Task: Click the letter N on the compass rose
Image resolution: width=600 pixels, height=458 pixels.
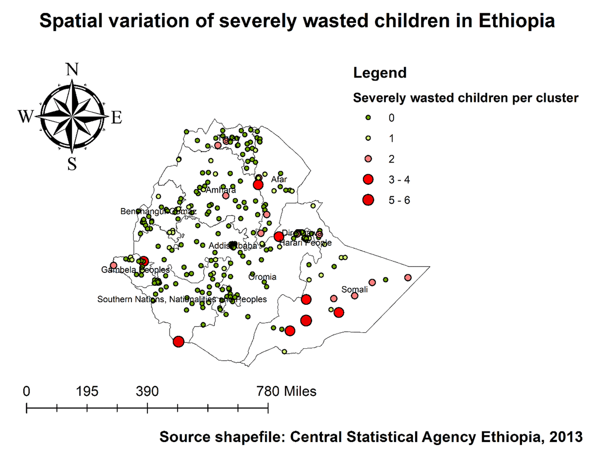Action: point(72,70)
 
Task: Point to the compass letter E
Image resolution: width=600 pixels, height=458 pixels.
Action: point(116,118)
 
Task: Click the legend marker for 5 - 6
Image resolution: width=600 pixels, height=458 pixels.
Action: point(368,200)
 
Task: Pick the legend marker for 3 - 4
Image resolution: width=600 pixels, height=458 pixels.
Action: point(368,179)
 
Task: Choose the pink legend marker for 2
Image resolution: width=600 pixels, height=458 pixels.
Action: point(368,159)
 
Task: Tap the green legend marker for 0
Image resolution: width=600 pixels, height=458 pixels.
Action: point(368,118)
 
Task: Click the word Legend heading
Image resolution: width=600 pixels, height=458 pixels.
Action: point(379,73)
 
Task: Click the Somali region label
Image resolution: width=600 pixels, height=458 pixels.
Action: point(354,289)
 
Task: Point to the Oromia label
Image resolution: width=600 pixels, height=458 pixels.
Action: point(262,277)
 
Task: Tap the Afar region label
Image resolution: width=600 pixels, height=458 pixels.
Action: point(279,179)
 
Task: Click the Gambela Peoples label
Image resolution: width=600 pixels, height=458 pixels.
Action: point(135,270)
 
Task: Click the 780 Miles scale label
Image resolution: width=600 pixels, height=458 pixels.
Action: point(286,391)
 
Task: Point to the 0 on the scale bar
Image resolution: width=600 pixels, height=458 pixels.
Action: point(26,391)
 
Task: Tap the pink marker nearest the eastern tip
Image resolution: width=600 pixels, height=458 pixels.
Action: point(407,278)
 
